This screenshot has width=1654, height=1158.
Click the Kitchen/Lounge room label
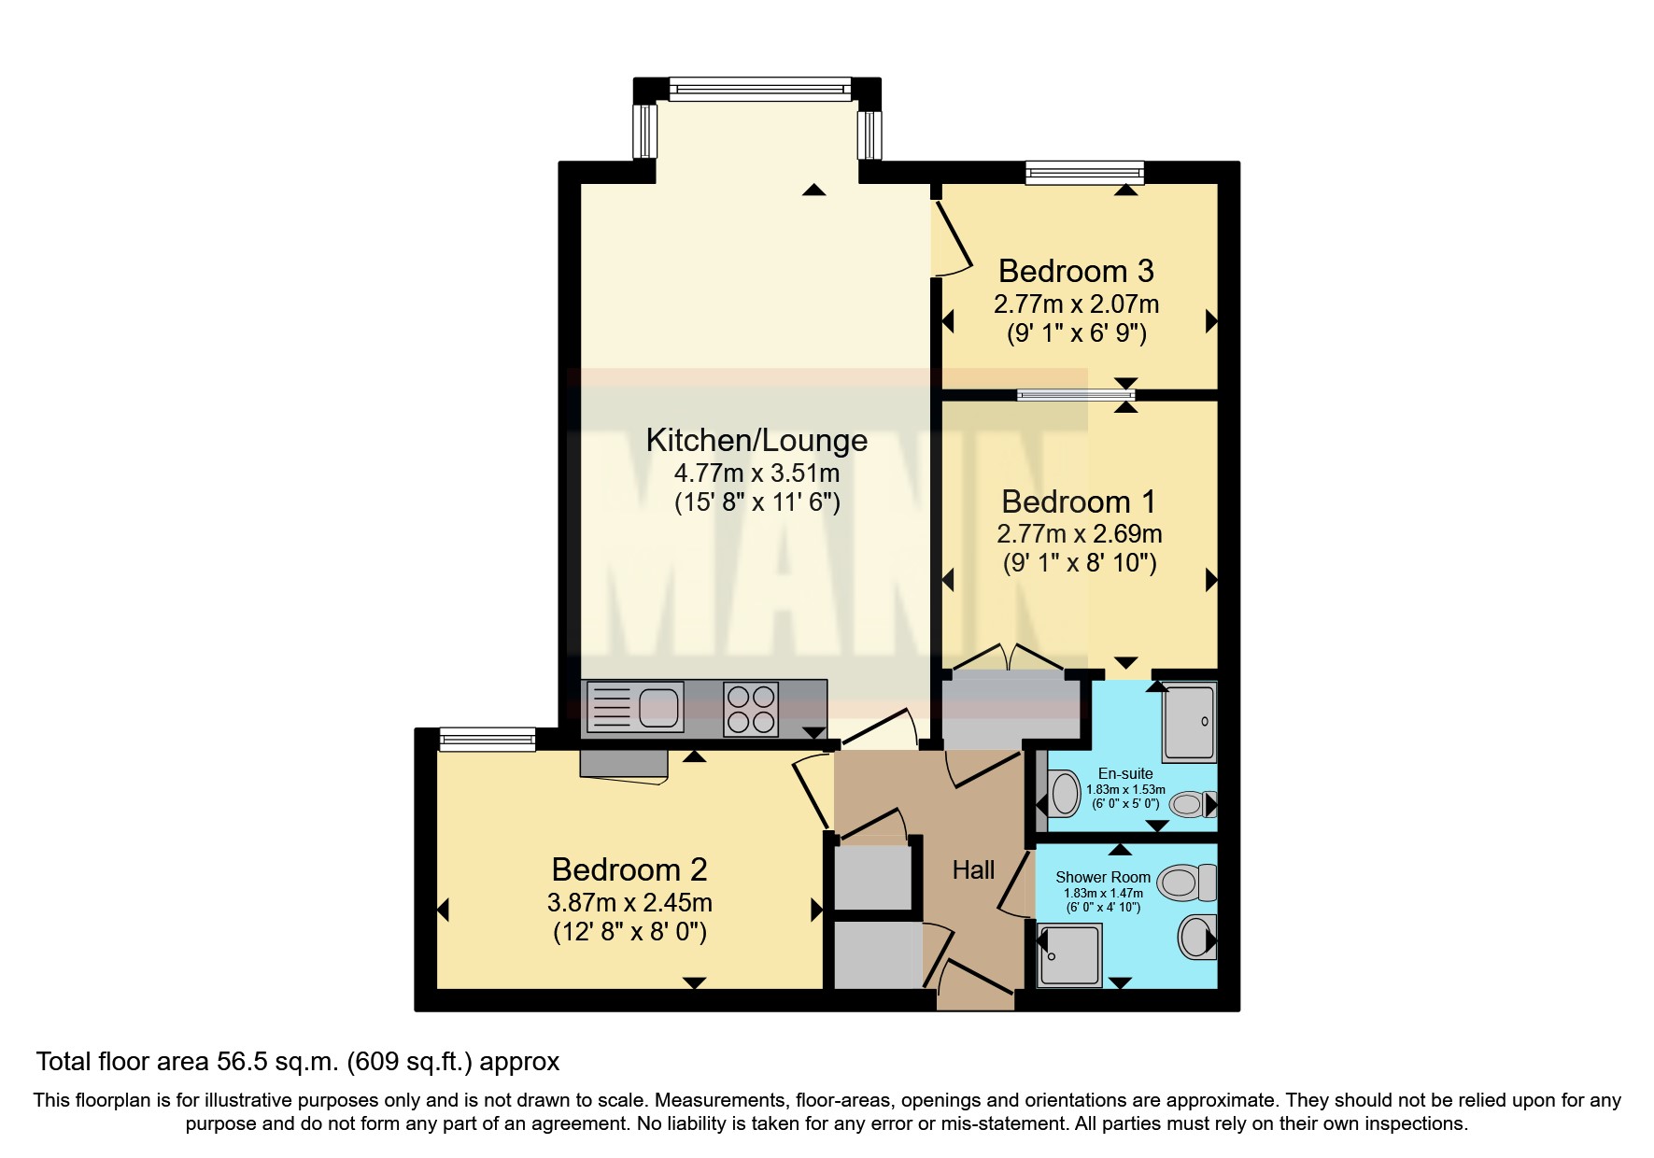pos(756,440)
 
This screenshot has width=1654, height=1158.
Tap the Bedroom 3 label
pos(1076,271)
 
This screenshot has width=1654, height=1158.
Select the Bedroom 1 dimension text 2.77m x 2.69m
pos(1079,534)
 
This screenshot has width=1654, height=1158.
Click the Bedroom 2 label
pos(629,869)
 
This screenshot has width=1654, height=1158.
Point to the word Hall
pos(973,870)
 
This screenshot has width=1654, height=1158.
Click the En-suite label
pos(1124,773)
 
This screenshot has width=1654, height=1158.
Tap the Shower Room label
pos(1102,877)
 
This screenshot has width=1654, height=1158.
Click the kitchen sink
pos(635,707)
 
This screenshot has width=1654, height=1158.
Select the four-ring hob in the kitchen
pos(751,710)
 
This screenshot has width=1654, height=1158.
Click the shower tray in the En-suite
pos(1189,722)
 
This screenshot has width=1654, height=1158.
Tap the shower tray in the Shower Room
pos(1070,954)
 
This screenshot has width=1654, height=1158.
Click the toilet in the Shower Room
pos(1188,882)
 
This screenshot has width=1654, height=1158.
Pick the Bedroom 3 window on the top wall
pos(1083,173)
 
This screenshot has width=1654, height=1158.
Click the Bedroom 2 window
pos(487,740)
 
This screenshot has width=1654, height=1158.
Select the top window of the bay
pos(759,90)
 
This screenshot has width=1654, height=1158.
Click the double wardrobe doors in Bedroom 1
pos(1007,657)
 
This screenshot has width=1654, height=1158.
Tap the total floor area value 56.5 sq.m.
pos(277,1062)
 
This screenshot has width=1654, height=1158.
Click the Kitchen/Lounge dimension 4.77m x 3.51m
pos(756,473)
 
